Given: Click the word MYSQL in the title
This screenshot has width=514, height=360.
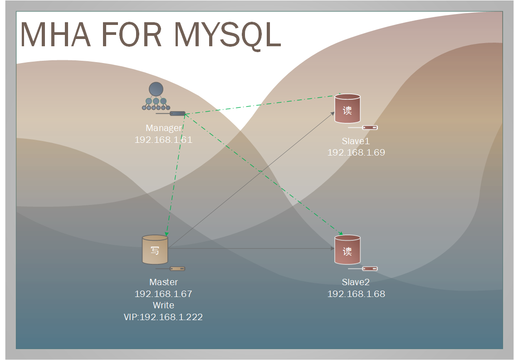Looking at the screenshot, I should click(x=228, y=35).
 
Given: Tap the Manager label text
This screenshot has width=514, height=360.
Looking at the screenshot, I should click(x=163, y=128).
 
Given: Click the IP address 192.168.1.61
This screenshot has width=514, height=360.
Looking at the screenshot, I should click(x=163, y=140).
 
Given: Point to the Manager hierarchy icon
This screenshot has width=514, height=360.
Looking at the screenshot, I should click(x=156, y=97).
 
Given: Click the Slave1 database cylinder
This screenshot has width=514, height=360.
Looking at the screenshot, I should click(x=347, y=109).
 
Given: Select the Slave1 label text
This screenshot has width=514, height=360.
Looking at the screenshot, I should click(x=356, y=141).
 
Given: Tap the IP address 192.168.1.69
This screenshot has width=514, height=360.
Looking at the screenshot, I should click(x=356, y=152).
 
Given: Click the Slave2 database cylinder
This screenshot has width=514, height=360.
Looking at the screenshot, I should click(x=347, y=249).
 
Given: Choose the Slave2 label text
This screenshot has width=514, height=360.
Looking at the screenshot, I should click(x=356, y=282).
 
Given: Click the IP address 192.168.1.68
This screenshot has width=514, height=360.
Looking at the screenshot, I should click(x=356, y=294).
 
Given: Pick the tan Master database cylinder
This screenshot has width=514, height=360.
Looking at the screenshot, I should click(x=155, y=249).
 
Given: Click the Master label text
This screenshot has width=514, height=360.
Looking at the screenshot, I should click(x=163, y=282).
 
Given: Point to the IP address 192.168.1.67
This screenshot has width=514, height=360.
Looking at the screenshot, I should click(x=163, y=294).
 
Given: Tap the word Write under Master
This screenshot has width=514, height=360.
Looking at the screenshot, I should click(x=163, y=305).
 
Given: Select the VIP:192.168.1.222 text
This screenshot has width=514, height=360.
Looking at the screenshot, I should click(x=163, y=317).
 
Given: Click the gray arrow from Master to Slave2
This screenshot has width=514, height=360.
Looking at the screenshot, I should click(x=250, y=248).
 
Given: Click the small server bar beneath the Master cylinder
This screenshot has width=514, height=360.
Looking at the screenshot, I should click(x=177, y=268).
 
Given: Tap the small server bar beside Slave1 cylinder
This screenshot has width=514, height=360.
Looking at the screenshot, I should click(x=370, y=127).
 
